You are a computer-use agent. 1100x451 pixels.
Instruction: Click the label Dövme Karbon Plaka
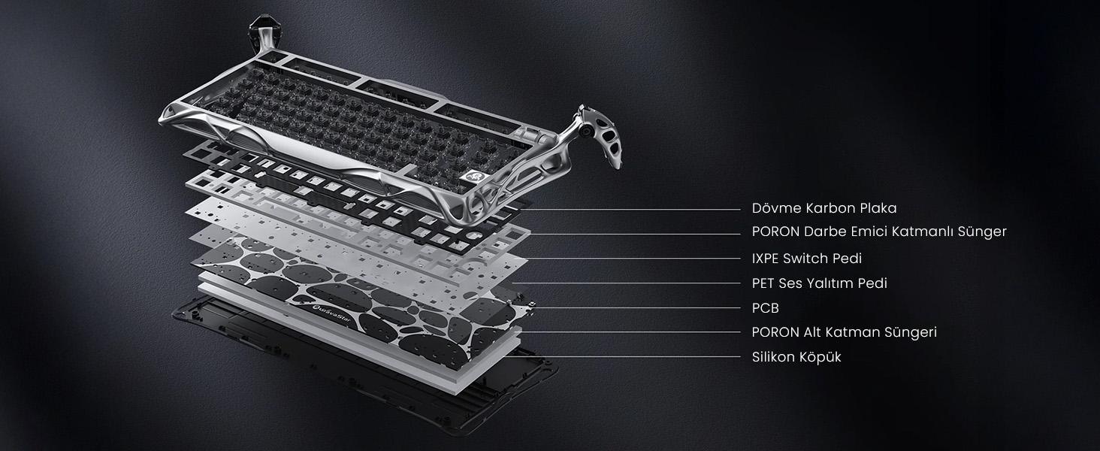tap(824, 208)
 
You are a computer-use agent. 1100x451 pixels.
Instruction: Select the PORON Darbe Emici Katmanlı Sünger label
tap(879, 232)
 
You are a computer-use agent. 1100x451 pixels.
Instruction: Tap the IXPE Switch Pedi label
tap(807, 259)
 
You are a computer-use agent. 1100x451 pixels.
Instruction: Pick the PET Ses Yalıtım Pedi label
tap(820, 283)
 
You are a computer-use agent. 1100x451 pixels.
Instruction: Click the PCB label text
tap(765, 308)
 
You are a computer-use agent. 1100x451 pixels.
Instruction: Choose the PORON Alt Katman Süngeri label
tap(844, 332)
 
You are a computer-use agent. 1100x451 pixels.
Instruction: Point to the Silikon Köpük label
tap(796, 357)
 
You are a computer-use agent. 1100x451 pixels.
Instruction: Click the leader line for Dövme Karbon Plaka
tap(630, 209)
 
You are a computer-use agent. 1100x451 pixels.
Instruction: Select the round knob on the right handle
tap(585, 132)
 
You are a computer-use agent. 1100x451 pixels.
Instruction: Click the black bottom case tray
tap(364, 374)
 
